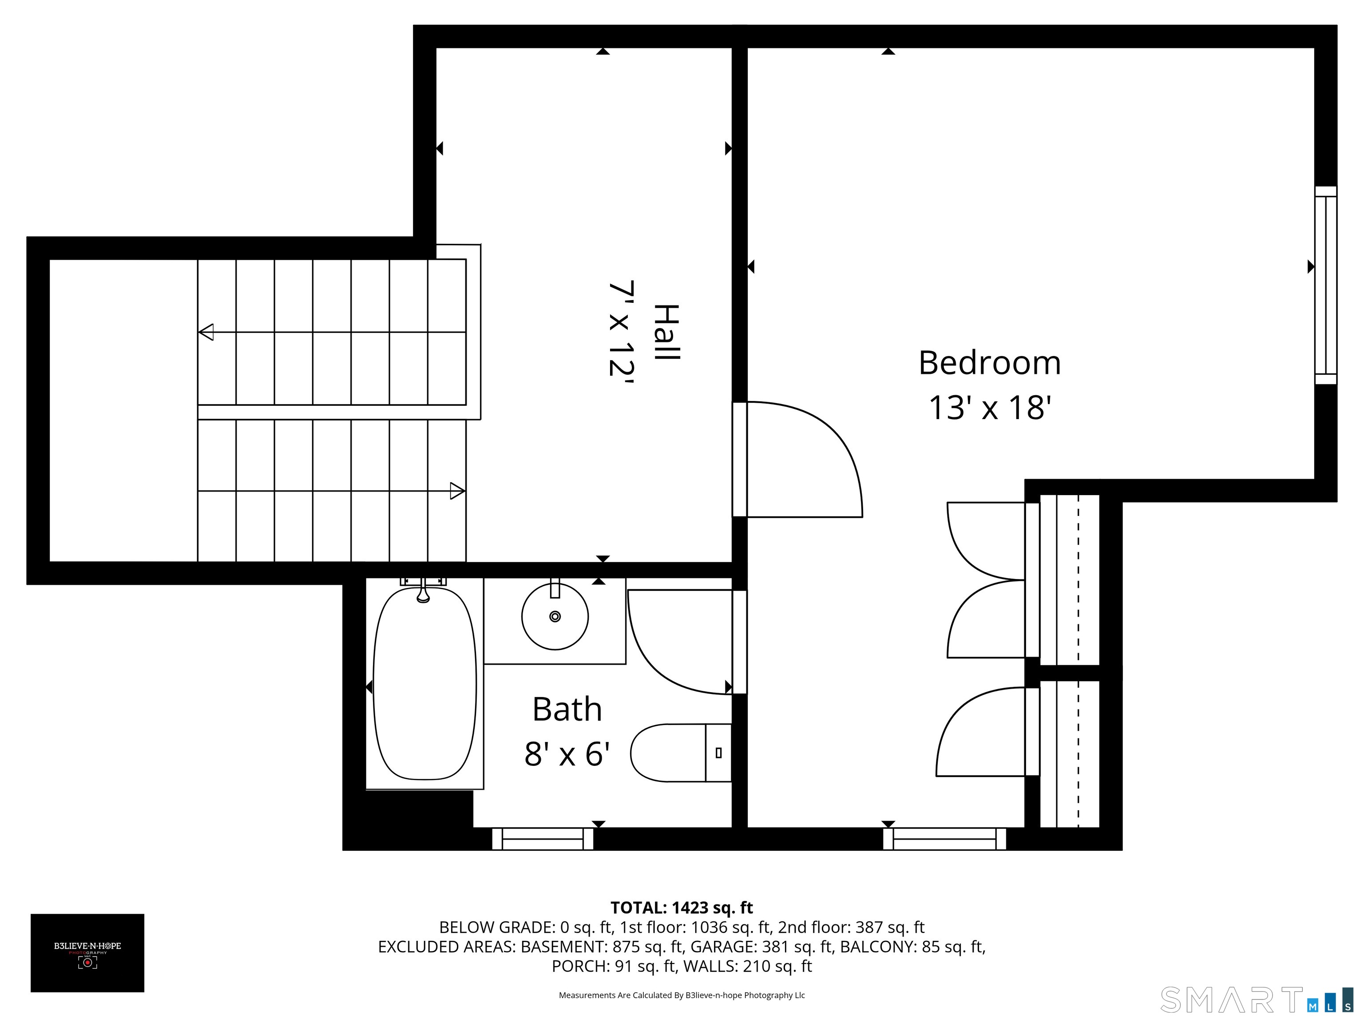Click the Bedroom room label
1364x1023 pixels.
point(989,363)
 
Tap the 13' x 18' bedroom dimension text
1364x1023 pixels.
point(989,408)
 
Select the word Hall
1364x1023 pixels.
point(666,333)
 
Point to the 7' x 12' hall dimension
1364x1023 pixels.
point(622,329)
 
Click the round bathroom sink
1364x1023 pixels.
point(555,616)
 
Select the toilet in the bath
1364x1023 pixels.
point(678,752)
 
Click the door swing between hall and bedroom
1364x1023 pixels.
point(801,460)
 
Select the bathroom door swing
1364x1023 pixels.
point(678,641)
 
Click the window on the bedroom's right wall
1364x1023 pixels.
point(1325,285)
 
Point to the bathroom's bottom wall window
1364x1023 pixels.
point(543,839)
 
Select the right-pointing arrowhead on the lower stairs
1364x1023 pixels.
point(457,491)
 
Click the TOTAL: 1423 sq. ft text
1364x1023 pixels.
point(682,908)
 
